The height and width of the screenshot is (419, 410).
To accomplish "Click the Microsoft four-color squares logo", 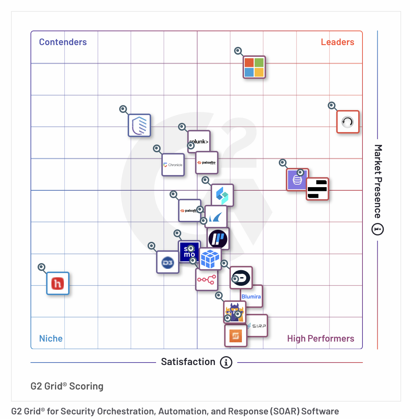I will [x=254, y=67].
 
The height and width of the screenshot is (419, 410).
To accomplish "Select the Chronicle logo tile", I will [x=173, y=165].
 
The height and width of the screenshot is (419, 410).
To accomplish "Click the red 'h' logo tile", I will [x=58, y=283].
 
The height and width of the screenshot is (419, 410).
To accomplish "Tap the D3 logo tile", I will [x=168, y=263].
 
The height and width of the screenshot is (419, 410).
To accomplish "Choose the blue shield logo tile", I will [x=139, y=125].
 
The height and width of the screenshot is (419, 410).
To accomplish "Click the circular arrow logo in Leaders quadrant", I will [x=348, y=122].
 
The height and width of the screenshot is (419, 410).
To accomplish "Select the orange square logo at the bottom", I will [x=236, y=336].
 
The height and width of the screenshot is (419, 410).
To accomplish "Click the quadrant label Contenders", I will [x=63, y=42].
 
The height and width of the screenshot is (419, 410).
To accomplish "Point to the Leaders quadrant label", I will [x=337, y=42].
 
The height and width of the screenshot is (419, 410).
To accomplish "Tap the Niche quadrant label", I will [x=51, y=338].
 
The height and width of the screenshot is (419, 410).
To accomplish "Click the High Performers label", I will [x=320, y=338].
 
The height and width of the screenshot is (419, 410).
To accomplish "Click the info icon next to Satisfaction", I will [x=226, y=363].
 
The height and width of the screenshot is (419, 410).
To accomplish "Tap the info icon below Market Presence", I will [x=377, y=229].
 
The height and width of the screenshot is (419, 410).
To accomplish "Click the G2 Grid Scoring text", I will [x=67, y=386].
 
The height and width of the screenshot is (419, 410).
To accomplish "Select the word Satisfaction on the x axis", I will [x=188, y=362].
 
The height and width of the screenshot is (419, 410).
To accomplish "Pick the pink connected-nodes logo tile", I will [x=206, y=280].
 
